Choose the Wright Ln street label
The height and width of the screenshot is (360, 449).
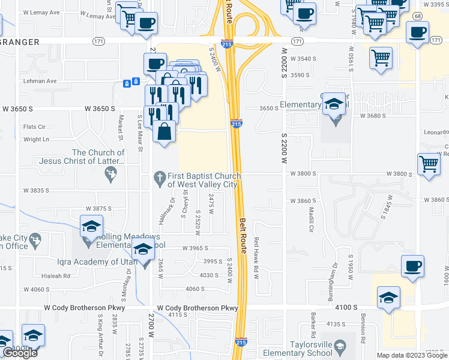tap(35, 139)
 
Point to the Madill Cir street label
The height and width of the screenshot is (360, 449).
tap(312, 219)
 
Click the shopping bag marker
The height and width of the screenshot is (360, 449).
tap(164, 131)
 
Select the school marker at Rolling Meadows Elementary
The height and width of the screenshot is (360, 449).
tap(91, 226)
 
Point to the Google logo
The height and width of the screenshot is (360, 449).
tap(19, 353)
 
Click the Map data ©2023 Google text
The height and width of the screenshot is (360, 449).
tap(411, 355)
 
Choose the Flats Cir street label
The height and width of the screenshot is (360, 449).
tap(34, 127)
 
